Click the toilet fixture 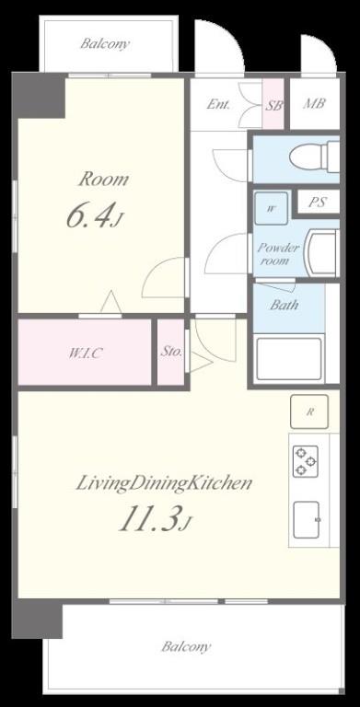(x=315, y=156)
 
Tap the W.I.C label (x=85, y=353)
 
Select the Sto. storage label (x=171, y=352)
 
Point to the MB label (x=314, y=104)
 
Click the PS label (x=317, y=203)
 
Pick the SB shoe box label (x=273, y=106)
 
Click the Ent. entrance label (x=218, y=105)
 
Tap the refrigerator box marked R (x=309, y=411)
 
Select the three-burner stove (x=306, y=461)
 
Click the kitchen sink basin (x=307, y=519)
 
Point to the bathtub (x=289, y=359)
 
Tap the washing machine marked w (x=271, y=208)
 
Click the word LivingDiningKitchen (x=163, y=484)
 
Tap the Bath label (x=285, y=305)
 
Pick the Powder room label (x=278, y=254)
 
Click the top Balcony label (x=105, y=44)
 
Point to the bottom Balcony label (x=186, y=647)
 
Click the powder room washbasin (x=321, y=252)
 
